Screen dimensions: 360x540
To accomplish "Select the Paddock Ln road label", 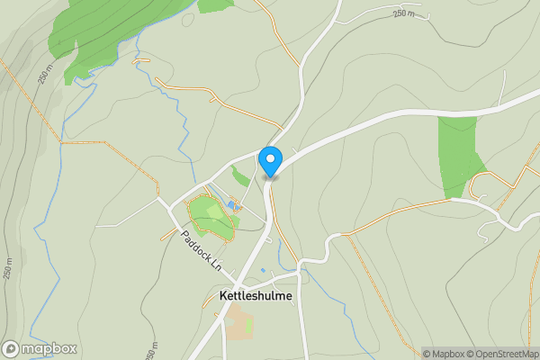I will pyautogui.click(x=200, y=250).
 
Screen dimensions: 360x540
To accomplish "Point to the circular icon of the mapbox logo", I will pyautogui.click(x=11, y=348).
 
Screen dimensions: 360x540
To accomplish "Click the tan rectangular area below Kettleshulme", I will pyautogui.click(x=239, y=326).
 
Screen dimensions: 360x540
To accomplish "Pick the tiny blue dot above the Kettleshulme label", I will pyautogui.click(x=263, y=270).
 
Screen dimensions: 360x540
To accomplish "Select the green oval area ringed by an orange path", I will pyautogui.click(x=211, y=217).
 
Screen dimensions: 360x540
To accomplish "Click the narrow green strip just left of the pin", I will pyautogui.click(x=240, y=175).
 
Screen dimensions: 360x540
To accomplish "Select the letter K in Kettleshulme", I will pyautogui.click(x=223, y=296).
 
